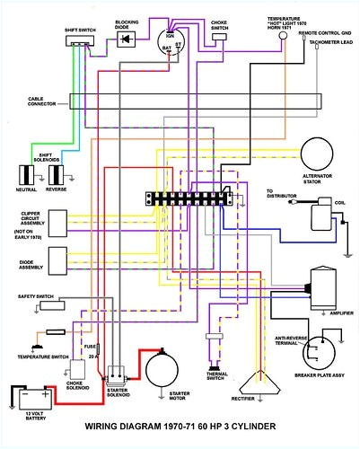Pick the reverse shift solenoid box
[x=58, y=172]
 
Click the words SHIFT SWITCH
[x=82, y=29]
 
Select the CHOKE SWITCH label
[x=219, y=23]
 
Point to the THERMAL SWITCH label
[x=214, y=380]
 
